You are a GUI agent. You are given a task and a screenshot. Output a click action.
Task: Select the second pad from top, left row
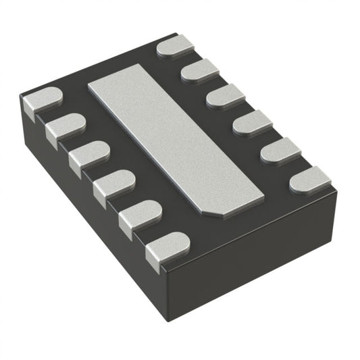click(x=66, y=125)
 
